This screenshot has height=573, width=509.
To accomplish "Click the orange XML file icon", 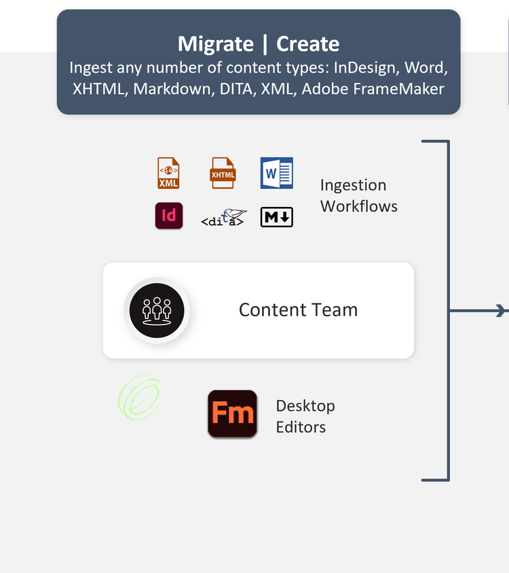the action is point(168,173).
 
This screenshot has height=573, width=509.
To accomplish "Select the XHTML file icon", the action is point(223,173).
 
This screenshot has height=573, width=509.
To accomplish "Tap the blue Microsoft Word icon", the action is point(277,173).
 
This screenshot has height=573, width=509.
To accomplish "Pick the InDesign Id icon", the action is point(169,216).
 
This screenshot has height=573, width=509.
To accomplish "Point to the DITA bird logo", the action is point(224,217).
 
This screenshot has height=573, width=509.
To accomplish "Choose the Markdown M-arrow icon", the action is point(277,217).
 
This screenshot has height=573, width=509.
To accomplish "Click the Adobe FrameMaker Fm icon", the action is point(232,413).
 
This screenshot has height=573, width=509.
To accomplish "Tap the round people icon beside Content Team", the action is point(157,311).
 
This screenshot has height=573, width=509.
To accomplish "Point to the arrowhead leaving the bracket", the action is point(502,311).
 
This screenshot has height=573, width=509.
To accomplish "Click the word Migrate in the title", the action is point(216,44).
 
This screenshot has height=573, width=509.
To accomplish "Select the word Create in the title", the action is point(307,44).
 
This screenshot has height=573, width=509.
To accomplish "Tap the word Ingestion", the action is point(353,185).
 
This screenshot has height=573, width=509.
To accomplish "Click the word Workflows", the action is point(359,206).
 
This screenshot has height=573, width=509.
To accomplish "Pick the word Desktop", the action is point(305,406).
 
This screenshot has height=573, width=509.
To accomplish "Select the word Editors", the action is point(301,427).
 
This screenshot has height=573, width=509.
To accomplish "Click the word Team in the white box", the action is point(335,310).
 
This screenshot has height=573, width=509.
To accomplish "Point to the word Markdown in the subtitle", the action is point(174,89).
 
